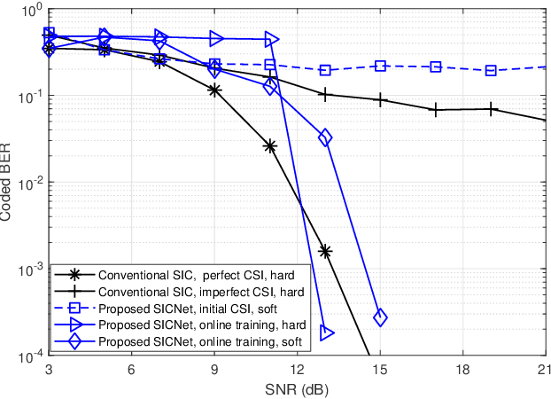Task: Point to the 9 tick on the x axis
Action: pyautogui.click(x=214, y=369)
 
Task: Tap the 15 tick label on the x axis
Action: pyautogui.click(x=380, y=369)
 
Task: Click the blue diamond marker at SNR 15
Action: pyautogui.click(x=380, y=317)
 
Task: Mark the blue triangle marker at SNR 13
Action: pyautogui.click(x=326, y=333)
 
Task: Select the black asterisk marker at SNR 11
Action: pyautogui.click(x=270, y=146)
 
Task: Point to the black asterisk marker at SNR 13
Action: pyautogui.click(x=325, y=252)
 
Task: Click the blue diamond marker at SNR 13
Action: pyautogui.click(x=325, y=137)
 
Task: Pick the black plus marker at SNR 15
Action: pyautogui.click(x=381, y=100)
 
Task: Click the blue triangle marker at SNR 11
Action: pyautogui.click(x=270, y=39)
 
